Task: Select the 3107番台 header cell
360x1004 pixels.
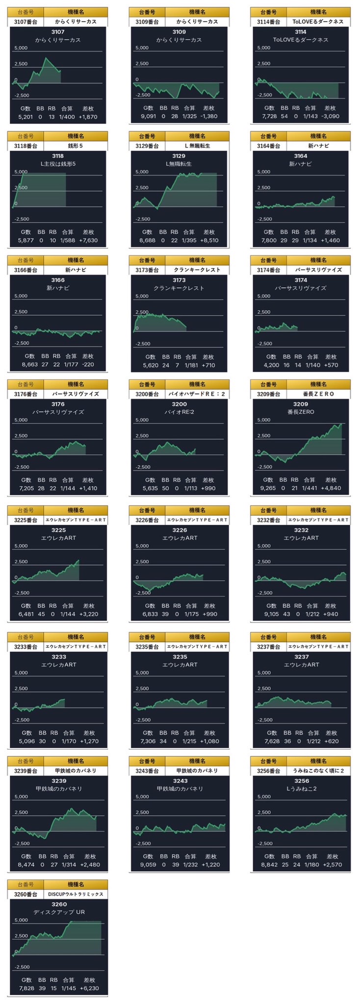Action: (x=26, y=22)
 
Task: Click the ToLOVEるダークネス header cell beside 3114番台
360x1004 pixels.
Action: (x=318, y=22)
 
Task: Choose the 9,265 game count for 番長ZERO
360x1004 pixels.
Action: (x=268, y=488)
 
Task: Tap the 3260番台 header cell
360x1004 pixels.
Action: (x=26, y=894)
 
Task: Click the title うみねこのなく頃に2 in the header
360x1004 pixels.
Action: (x=318, y=771)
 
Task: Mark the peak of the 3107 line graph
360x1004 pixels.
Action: (x=46, y=58)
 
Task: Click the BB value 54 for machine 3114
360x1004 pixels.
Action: (x=284, y=116)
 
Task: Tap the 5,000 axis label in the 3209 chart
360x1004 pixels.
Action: (x=263, y=420)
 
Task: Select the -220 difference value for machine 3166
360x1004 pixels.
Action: (x=88, y=364)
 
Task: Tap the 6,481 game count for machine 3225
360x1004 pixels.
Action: (x=26, y=614)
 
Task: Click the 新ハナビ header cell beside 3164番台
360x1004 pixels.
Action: (x=318, y=146)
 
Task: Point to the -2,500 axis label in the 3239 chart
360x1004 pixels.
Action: (x=22, y=843)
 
